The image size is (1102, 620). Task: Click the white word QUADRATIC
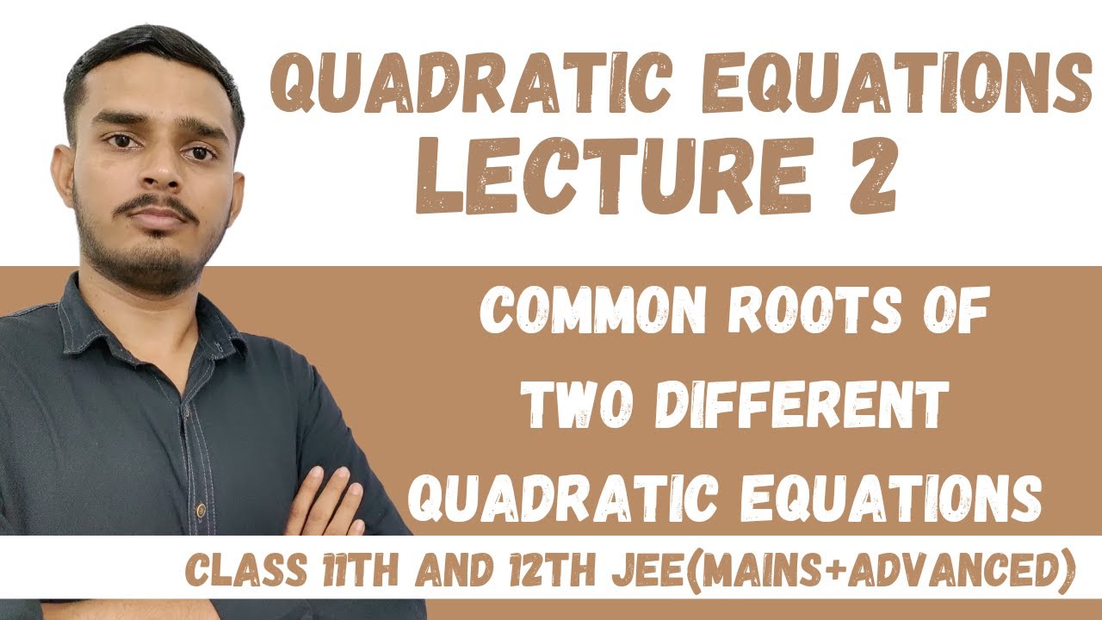[x=554, y=495]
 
